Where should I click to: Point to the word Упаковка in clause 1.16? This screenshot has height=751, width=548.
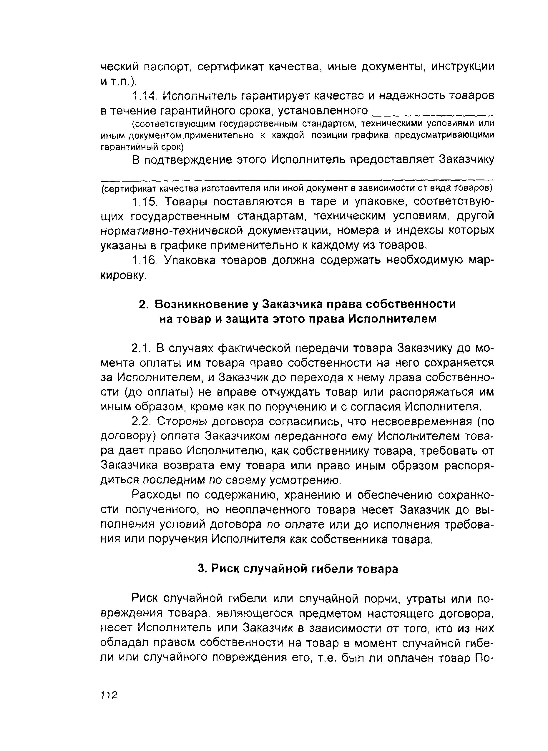click(188, 261)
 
